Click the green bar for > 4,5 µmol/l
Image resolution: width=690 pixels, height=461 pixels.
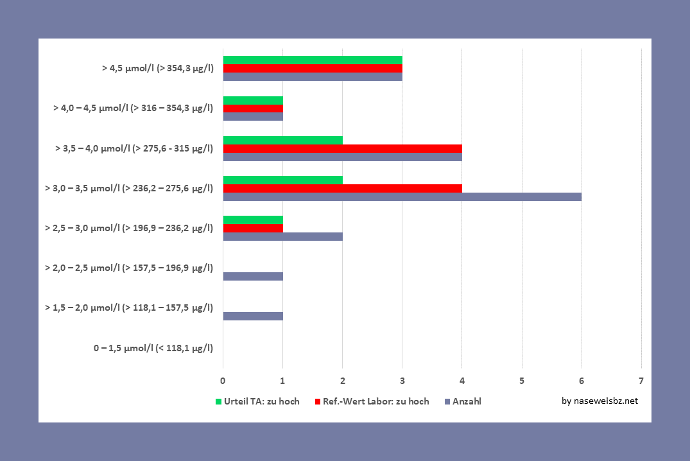[x=313, y=60]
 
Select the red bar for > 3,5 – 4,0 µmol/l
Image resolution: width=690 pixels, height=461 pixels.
[x=342, y=148]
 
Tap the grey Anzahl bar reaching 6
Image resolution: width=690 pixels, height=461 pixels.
[x=402, y=196]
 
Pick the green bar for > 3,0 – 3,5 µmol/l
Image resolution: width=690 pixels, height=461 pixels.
[x=282, y=180]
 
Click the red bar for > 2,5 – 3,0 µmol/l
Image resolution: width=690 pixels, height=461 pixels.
[x=253, y=228]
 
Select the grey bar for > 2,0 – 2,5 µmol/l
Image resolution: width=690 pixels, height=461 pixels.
[x=253, y=276]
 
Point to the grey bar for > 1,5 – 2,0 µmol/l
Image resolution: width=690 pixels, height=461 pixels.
[x=253, y=316]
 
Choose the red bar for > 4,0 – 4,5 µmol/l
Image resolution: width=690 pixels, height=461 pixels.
[x=253, y=108]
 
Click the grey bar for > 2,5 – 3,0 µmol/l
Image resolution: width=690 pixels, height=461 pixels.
[x=282, y=236]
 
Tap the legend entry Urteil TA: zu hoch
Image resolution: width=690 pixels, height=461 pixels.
[x=257, y=401]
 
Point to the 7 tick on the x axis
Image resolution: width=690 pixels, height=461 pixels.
[x=641, y=381]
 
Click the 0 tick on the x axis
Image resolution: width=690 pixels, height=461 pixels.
[x=223, y=381]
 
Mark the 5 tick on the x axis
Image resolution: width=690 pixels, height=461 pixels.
[x=522, y=381]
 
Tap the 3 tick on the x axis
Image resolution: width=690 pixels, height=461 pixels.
[x=402, y=381]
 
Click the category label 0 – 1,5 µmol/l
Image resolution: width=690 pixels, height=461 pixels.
[x=153, y=349]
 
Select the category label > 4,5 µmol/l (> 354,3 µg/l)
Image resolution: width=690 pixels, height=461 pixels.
[x=157, y=67]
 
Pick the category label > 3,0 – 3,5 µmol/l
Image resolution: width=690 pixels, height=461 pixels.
[x=128, y=188]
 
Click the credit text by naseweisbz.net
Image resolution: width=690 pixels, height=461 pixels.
[x=599, y=401]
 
